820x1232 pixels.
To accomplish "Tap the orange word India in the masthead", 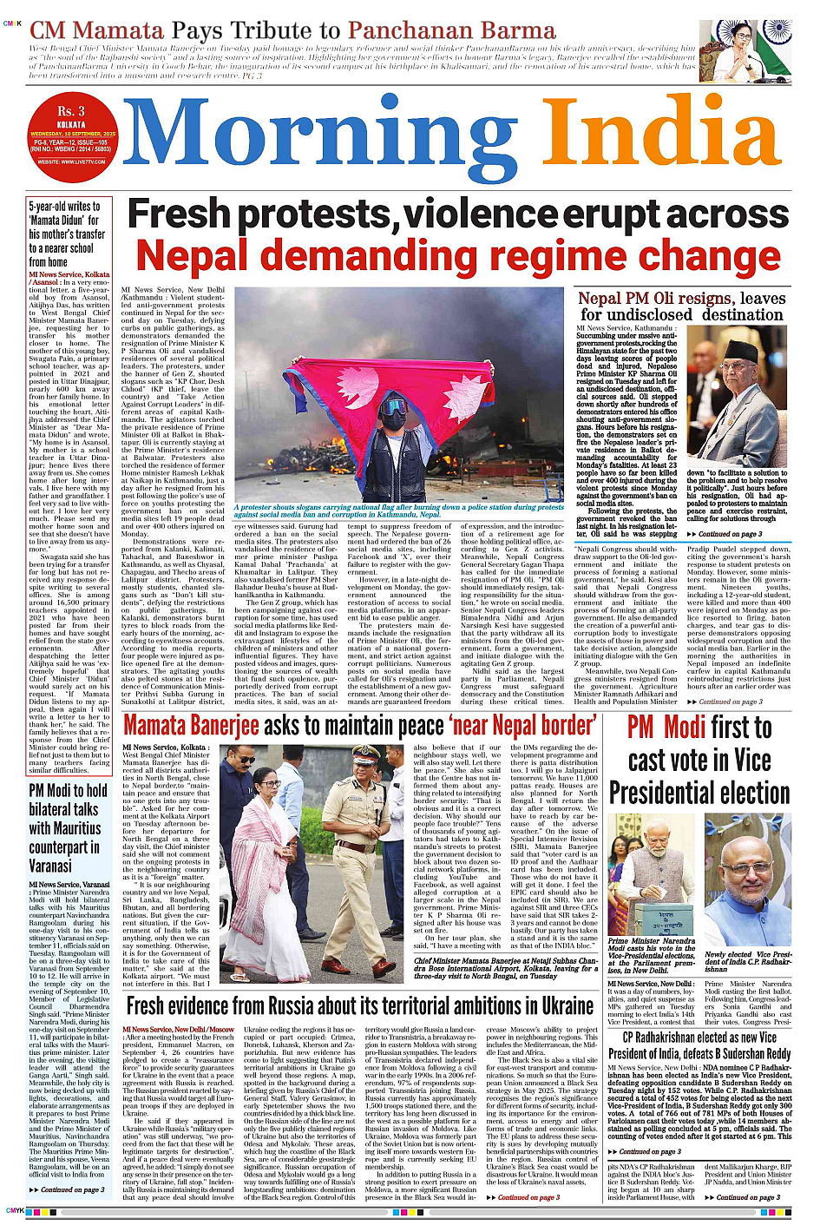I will pos(665,139).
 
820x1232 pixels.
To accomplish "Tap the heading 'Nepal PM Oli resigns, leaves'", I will pos(681,299).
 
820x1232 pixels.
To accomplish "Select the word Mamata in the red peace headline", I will pos(166,726).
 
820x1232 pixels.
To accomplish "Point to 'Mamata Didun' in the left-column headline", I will pos(63,221).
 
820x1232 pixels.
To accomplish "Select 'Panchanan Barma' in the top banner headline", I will pos(451,31).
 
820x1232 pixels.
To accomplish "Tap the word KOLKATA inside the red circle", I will pos(71,124).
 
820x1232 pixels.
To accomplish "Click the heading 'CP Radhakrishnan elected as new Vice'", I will pos(699,1038).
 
